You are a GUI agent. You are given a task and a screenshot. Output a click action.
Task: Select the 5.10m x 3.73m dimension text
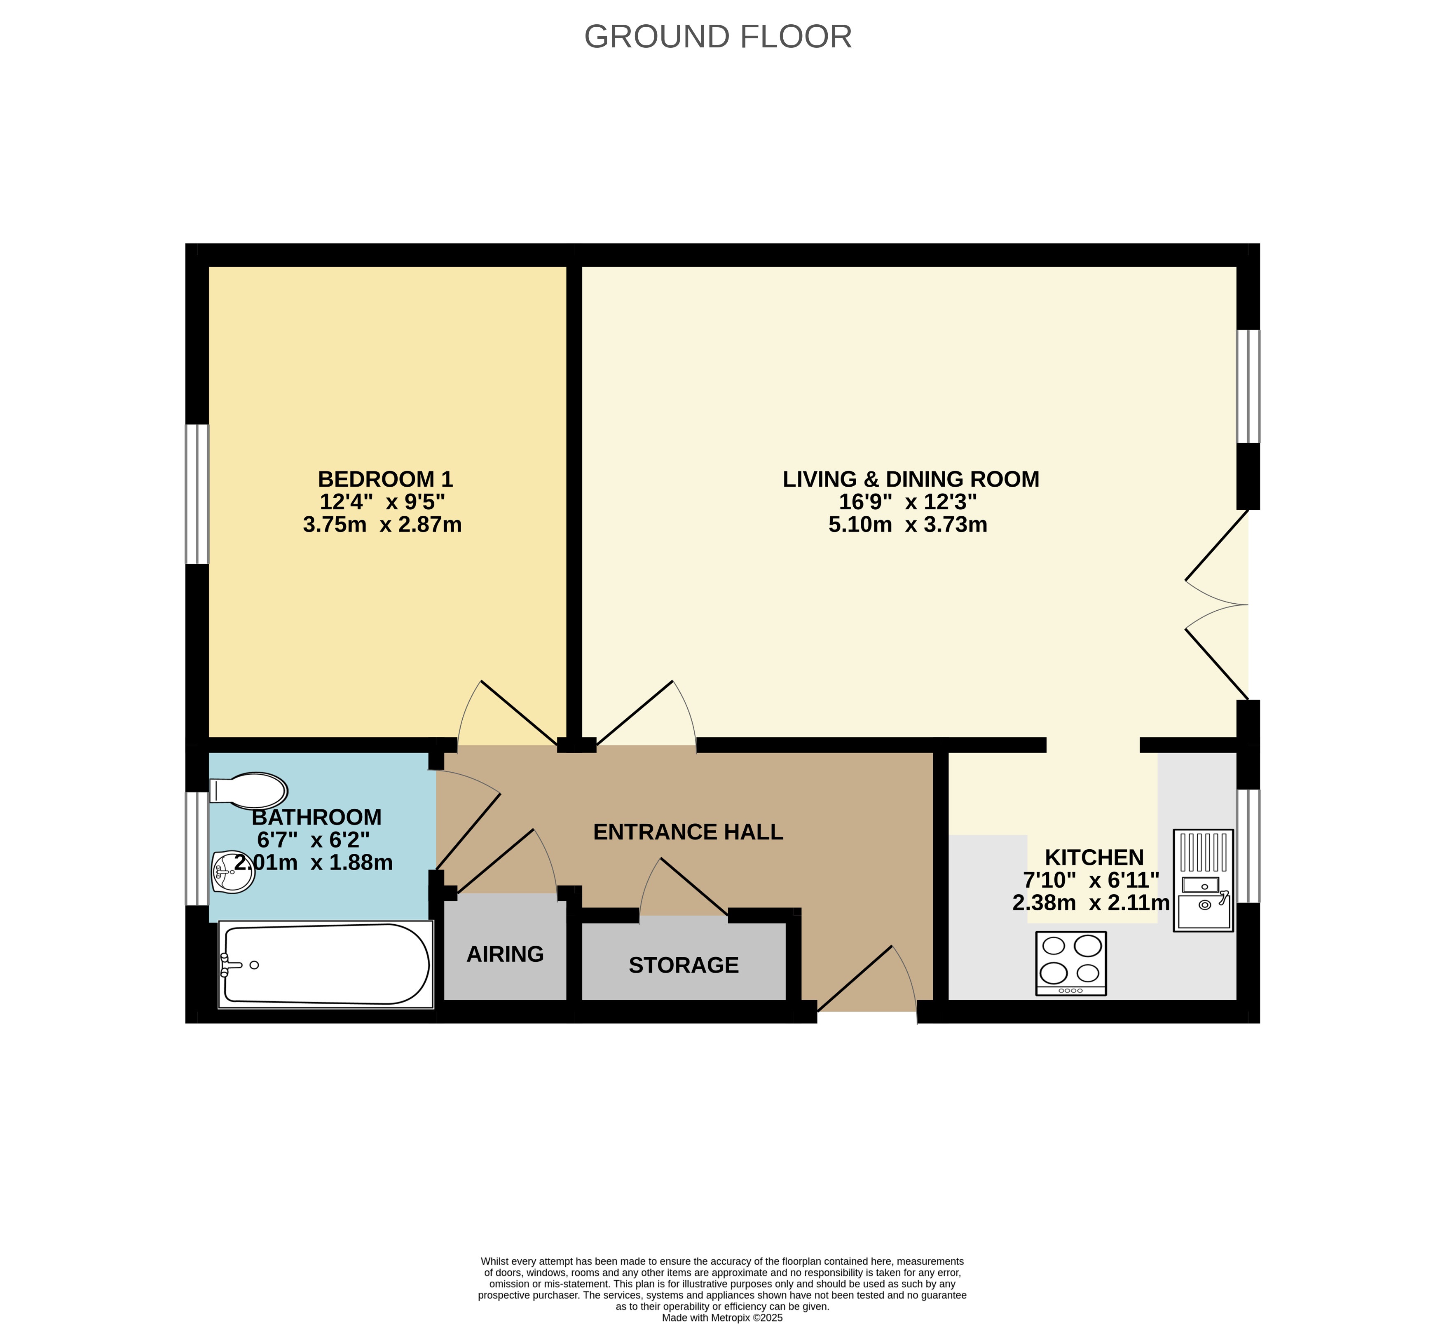907,525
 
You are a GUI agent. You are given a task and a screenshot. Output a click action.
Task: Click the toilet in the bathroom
248,791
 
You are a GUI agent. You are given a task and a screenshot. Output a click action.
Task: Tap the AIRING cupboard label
505,954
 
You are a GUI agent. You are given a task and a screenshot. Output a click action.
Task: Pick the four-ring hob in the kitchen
1071,963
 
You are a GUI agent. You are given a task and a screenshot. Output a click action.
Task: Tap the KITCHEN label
1094,858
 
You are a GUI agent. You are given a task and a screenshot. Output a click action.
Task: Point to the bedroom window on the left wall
197,494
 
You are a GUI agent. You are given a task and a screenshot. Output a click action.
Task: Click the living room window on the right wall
1248,387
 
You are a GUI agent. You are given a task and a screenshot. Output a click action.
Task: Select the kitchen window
1248,846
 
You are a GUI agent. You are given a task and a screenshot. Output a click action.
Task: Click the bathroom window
197,849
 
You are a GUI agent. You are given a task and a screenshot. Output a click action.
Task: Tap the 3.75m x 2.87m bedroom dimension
382,525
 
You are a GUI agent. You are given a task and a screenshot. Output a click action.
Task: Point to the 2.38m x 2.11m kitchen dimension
1091,902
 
